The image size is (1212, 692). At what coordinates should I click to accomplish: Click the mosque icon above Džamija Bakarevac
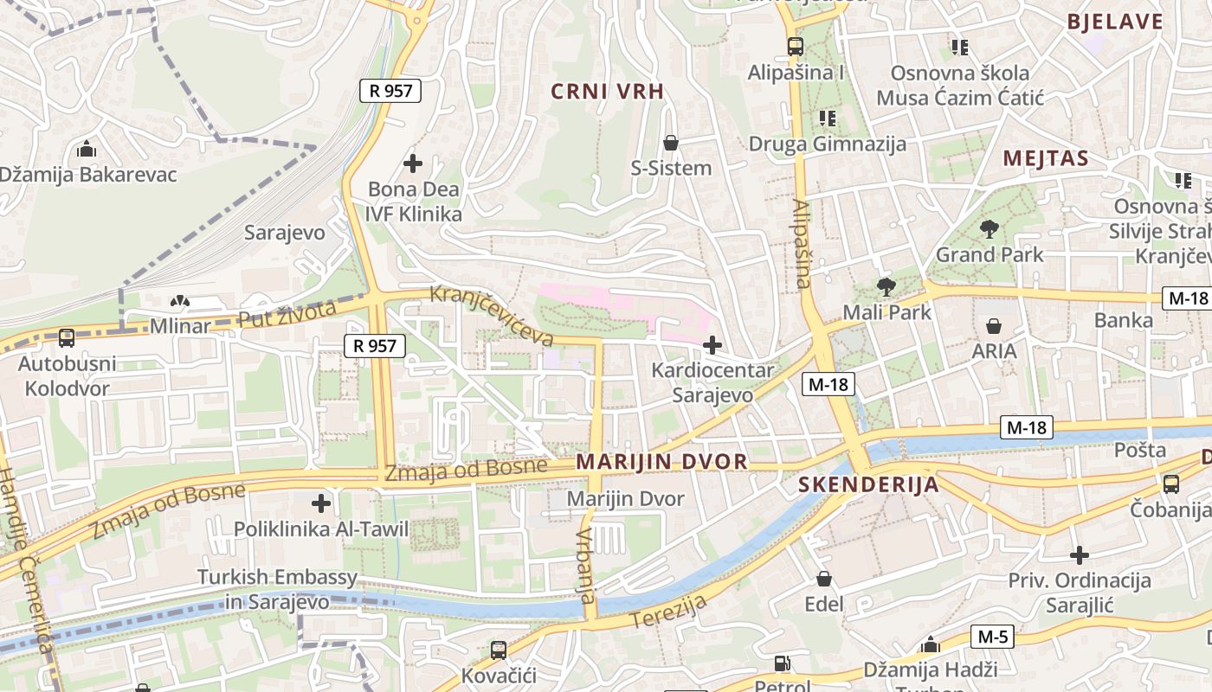click(86, 150)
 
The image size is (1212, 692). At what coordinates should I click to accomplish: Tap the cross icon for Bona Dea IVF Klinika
click(413, 163)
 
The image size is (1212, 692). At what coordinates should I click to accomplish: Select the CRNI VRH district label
click(607, 92)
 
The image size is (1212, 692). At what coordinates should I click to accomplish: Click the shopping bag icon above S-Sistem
click(670, 143)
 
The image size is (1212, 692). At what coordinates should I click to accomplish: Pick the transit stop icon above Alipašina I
click(795, 47)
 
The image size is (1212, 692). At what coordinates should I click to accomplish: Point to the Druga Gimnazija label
click(827, 144)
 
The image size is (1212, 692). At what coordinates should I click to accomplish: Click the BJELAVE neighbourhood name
click(1115, 22)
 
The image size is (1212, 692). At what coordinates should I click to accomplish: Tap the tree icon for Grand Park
click(989, 229)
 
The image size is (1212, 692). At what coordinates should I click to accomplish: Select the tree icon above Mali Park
click(886, 287)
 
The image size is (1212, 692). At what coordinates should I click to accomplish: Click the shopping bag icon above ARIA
click(994, 326)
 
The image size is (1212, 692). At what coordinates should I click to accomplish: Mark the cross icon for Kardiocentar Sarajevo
click(712, 346)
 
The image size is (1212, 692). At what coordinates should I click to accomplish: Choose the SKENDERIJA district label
click(868, 484)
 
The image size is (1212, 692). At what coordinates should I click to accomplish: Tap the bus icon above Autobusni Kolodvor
click(67, 338)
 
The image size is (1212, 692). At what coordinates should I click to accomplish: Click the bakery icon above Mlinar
click(179, 302)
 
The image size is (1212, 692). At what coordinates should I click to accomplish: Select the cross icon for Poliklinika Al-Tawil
click(321, 503)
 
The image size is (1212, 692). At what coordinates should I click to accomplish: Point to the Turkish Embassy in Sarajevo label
click(277, 589)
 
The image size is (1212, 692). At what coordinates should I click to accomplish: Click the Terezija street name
click(668, 612)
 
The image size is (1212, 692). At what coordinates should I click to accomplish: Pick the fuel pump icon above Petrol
click(782, 663)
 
